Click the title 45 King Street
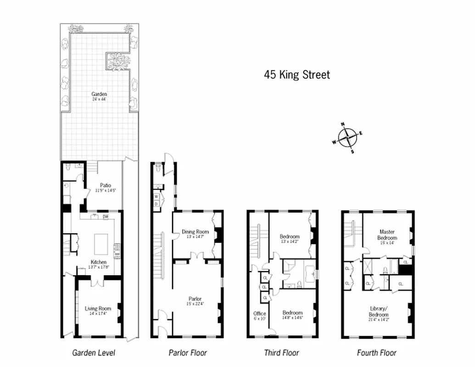click(296, 75)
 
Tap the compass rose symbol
click(347, 137)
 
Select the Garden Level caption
click(94, 353)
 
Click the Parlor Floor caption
click(187, 353)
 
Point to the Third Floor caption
click(281, 353)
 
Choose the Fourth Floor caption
click(377, 353)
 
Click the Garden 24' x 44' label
click(99, 96)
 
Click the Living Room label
click(98, 311)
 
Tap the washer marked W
click(156, 197)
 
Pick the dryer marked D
click(156, 203)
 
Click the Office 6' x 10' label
click(259, 316)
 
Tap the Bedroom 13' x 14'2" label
click(290, 239)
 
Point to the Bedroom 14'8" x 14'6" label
click(292, 315)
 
